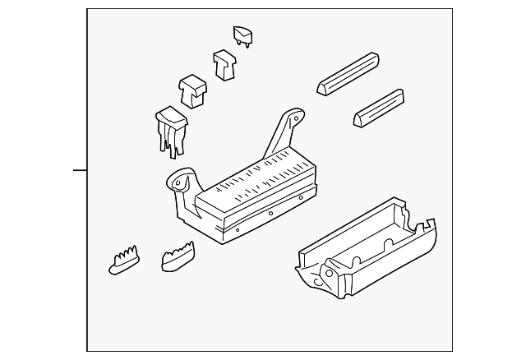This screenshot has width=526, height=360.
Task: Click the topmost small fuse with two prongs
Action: click(242, 35)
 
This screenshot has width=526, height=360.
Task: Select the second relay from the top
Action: click(223, 63)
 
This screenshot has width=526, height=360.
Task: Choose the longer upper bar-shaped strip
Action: click(349, 74)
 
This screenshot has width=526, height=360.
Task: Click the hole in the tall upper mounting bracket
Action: click(291, 117)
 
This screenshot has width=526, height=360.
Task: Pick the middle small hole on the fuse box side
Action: click(270, 213)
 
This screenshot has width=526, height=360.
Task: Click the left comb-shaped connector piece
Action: click(124, 260)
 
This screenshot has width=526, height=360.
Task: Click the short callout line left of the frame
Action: click(80, 170)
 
